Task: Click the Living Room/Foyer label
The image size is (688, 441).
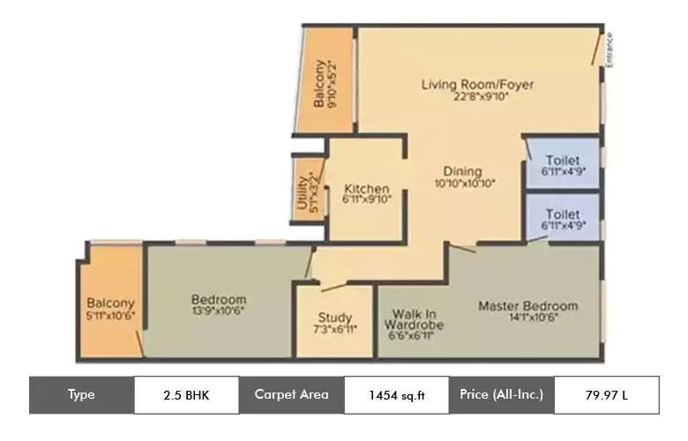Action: coord(477,85)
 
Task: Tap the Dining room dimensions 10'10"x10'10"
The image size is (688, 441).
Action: coord(465,184)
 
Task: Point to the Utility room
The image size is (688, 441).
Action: coord(305,186)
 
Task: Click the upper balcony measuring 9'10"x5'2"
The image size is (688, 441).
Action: coord(324,84)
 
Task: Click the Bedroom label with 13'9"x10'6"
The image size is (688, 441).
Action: coord(218,300)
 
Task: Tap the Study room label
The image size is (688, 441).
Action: coord(335,318)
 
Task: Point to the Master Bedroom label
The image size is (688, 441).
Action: coord(527,306)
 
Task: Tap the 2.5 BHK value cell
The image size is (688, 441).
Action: coord(186,394)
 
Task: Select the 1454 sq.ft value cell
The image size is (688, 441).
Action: coord(396,394)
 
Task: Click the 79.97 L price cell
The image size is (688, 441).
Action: coord(606,394)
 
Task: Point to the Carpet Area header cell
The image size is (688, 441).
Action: coord(291,394)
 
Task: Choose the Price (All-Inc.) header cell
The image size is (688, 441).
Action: coord(501,394)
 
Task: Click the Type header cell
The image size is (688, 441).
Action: coord(81,394)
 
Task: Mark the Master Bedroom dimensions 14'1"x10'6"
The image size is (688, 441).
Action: coord(527,319)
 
